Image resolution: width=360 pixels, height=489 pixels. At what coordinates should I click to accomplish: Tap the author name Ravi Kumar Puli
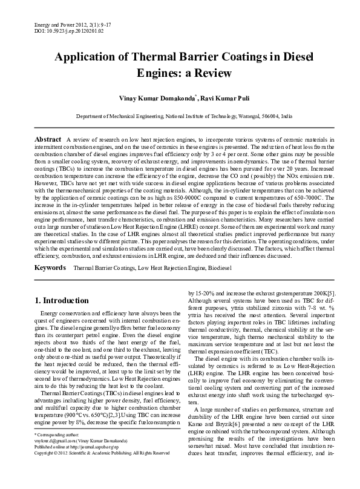point(214,97)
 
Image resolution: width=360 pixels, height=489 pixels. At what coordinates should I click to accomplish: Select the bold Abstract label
point(48,139)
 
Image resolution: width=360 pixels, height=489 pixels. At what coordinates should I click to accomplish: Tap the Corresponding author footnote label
point(56,451)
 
